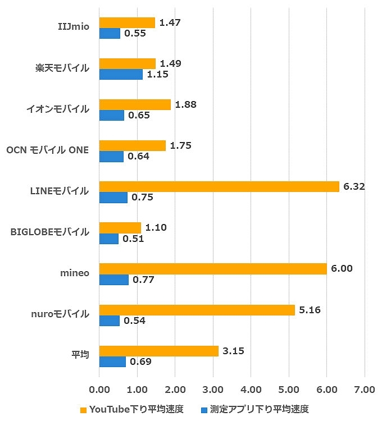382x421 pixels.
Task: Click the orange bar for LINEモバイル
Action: (219, 186)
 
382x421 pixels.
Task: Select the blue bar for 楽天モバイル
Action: (121, 74)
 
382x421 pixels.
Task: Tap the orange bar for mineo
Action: (213, 268)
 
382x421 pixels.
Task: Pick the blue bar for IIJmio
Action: (110, 33)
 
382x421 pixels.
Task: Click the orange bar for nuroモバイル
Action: (197, 309)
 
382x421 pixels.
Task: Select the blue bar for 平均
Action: (112, 361)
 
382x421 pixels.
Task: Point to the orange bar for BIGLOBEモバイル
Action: (120, 227)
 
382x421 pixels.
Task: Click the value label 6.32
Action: (354, 186)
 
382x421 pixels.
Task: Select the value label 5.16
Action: (310, 309)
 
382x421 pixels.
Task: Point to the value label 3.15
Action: (233, 351)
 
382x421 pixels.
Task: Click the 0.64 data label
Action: (138, 156)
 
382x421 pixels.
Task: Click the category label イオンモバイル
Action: (58, 109)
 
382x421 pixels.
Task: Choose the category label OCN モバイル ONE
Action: (47, 150)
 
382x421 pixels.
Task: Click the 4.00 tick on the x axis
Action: (251, 388)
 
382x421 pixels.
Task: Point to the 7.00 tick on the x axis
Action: (364, 388)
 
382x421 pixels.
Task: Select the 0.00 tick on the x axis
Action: (99, 388)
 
